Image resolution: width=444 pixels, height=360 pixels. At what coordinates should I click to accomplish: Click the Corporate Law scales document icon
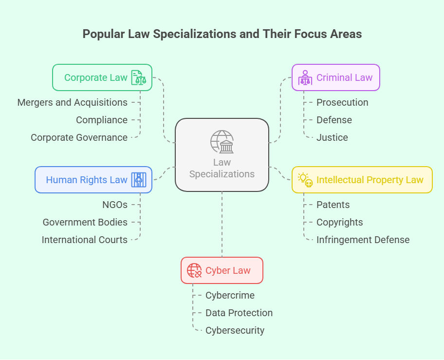[x=138, y=77]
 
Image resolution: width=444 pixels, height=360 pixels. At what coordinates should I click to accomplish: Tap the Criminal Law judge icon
[x=305, y=77]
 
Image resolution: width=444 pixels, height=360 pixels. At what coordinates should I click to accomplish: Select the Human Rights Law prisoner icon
[x=138, y=180]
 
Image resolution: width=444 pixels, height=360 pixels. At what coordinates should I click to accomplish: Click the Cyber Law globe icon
[x=194, y=270]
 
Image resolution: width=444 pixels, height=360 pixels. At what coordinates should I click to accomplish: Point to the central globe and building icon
[x=222, y=142]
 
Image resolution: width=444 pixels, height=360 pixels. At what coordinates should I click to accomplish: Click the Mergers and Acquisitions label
[x=73, y=102]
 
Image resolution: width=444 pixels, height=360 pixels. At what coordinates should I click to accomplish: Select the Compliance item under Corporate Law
[x=102, y=120]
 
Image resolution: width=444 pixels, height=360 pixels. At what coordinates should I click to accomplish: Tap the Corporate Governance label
[x=79, y=137]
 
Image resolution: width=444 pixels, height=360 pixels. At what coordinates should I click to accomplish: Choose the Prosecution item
[x=342, y=102]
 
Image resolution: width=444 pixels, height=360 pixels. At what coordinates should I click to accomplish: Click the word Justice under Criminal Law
[x=332, y=137]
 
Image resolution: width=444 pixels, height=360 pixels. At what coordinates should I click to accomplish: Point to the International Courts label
[x=85, y=240]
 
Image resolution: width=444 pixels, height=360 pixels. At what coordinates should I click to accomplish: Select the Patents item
[x=333, y=205]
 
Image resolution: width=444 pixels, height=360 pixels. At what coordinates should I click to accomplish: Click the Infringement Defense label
[x=363, y=240]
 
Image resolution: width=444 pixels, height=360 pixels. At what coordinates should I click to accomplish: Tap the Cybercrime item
[x=230, y=295]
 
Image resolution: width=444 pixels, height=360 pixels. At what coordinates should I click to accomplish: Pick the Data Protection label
[x=239, y=313]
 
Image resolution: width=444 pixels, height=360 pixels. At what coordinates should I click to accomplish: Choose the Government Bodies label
[x=85, y=222]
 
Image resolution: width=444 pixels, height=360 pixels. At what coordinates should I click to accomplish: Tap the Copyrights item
[x=339, y=222]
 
